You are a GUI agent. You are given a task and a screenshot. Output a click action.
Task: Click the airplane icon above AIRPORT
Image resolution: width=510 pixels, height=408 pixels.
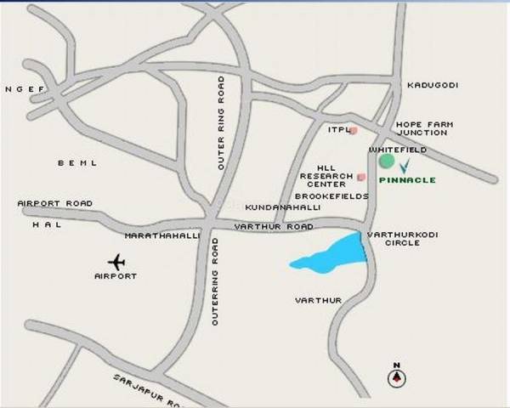(x=116, y=261)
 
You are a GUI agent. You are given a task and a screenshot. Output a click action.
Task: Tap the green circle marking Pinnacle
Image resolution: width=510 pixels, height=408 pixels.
(x=387, y=161)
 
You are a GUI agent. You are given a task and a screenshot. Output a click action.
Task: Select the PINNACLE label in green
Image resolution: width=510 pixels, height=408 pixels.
(x=406, y=180)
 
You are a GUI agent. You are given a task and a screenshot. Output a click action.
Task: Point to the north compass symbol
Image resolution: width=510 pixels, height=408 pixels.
(x=396, y=378)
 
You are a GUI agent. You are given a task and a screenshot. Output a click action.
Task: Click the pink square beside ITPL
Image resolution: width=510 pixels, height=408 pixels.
(x=354, y=130)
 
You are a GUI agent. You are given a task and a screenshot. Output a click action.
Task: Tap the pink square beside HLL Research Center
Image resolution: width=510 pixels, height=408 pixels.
(x=361, y=177)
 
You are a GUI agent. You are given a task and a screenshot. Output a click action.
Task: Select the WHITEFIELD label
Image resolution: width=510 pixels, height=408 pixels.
(x=398, y=150)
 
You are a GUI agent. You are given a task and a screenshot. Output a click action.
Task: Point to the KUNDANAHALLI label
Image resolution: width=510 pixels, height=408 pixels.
(x=278, y=207)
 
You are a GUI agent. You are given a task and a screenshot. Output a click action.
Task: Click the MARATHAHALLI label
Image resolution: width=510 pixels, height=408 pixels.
(x=161, y=235)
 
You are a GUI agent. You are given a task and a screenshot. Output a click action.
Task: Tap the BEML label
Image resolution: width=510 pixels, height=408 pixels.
(x=77, y=162)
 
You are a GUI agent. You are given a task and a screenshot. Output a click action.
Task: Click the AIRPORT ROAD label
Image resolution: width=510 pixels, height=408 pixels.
(x=54, y=204)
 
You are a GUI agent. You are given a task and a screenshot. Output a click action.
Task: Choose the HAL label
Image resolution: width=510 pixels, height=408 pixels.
(x=42, y=225)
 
